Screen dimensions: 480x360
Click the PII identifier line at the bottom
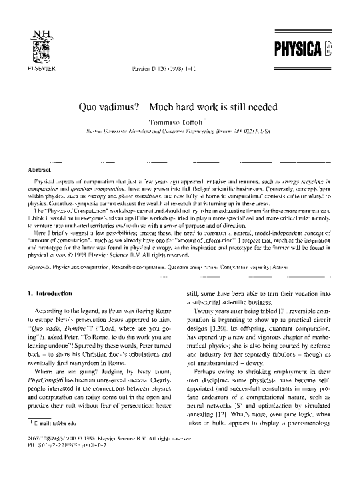pyautogui.click(x=63, y=461)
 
